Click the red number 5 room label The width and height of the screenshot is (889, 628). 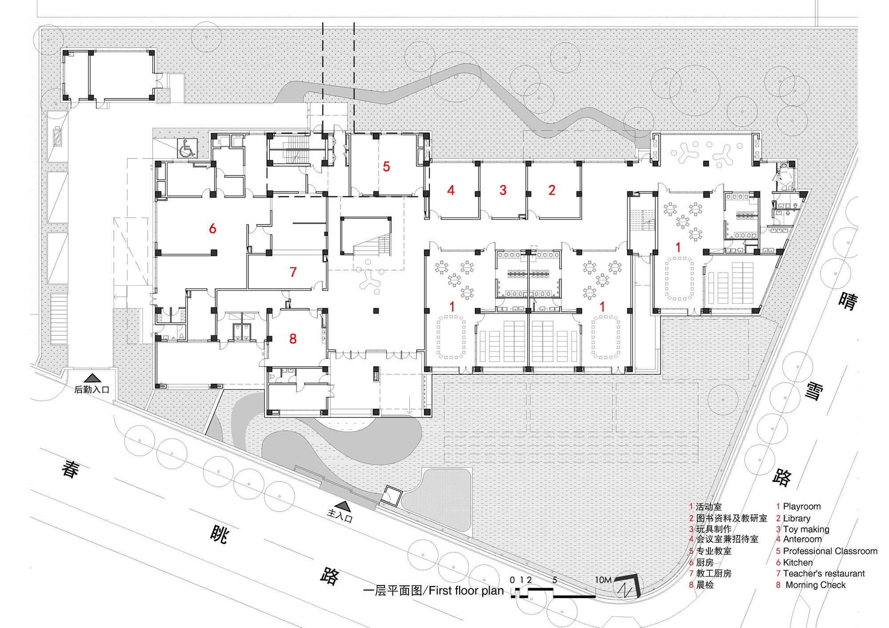386,167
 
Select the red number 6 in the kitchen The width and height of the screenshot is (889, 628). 212,229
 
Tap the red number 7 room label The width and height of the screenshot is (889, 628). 293,272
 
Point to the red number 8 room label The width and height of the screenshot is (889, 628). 292,339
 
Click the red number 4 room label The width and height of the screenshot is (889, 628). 451,190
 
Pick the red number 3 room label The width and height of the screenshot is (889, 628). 503,190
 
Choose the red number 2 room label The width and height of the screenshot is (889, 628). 552,190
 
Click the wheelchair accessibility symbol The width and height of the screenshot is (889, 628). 187,148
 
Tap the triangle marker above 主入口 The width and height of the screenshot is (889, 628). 343,505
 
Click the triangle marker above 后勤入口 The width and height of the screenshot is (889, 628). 92,378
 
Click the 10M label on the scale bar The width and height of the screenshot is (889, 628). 603,580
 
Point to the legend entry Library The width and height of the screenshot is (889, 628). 797,518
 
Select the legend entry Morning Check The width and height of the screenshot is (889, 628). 815,585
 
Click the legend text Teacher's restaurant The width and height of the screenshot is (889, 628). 824,573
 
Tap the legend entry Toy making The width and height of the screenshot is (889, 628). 806,529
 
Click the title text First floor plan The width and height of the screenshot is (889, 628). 466,591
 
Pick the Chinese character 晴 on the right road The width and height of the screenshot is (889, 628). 848,302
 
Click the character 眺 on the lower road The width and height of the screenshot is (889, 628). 219,535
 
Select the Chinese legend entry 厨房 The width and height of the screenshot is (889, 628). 705,562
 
